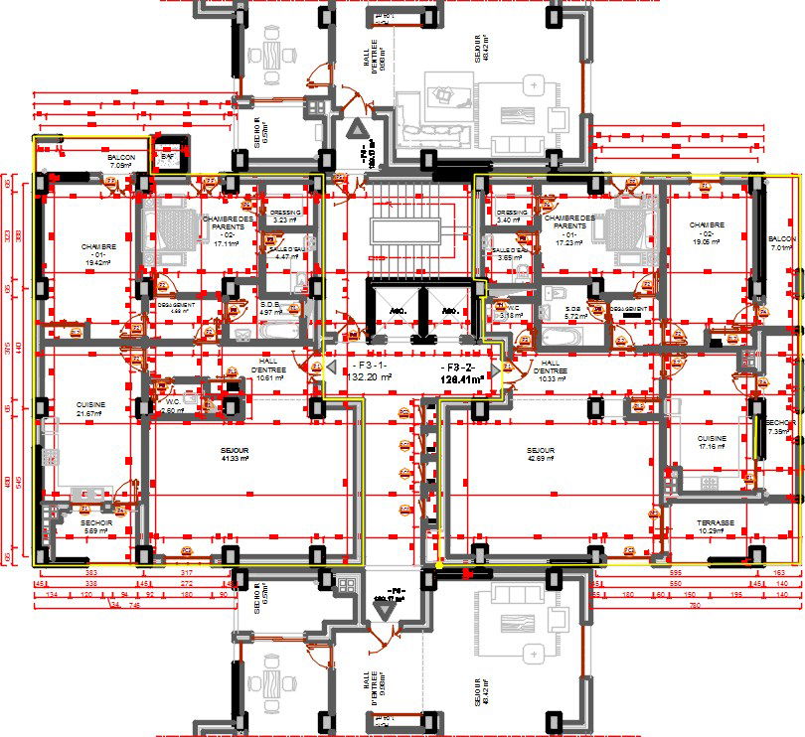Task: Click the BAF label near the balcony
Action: click(x=167, y=157)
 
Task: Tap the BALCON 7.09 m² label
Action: click(x=122, y=161)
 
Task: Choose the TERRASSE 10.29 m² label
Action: click(x=716, y=527)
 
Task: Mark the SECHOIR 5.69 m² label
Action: click(x=95, y=526)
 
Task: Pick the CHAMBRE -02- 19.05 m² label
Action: click(x=707, y=232)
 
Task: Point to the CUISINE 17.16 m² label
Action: click(x=712, y=442)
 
